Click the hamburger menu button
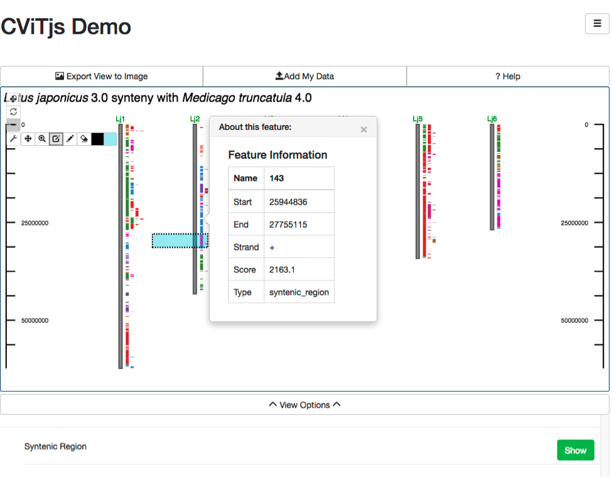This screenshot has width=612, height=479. [597, 23]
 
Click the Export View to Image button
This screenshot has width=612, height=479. [102, 76]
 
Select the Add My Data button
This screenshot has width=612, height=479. [305, 76]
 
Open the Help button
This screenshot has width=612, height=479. [508, 76]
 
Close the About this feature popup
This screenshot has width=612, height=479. [364, 129]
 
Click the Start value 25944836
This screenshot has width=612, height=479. [288, 202]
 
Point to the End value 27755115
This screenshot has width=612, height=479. [288, 225]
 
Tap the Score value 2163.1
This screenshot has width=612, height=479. [282, 270]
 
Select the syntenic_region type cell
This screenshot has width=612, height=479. [299, 292]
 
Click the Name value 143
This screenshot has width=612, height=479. [276, 178]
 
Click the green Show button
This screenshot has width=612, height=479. [576, 450]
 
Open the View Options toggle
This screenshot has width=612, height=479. [305, 405]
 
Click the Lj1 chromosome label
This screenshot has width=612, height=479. [121, 119]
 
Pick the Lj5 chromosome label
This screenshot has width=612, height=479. [417, 119]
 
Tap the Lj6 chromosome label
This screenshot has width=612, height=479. [492, 119]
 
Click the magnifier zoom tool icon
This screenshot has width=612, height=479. [42, 139]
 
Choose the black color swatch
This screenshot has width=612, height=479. [97, 139]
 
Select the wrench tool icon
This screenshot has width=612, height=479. [13, 139]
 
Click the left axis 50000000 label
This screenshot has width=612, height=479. [35, 321]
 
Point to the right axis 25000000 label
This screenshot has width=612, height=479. [574, 223]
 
